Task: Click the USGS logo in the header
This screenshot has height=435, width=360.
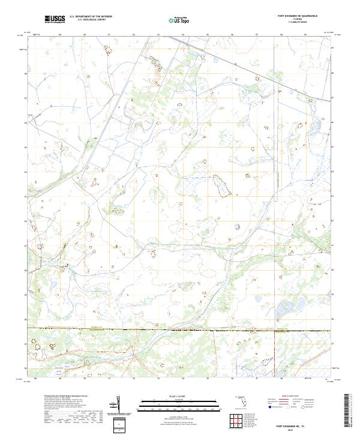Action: (x=55, y=19)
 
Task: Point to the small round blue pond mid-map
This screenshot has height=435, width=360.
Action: (x=236, y=227)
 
